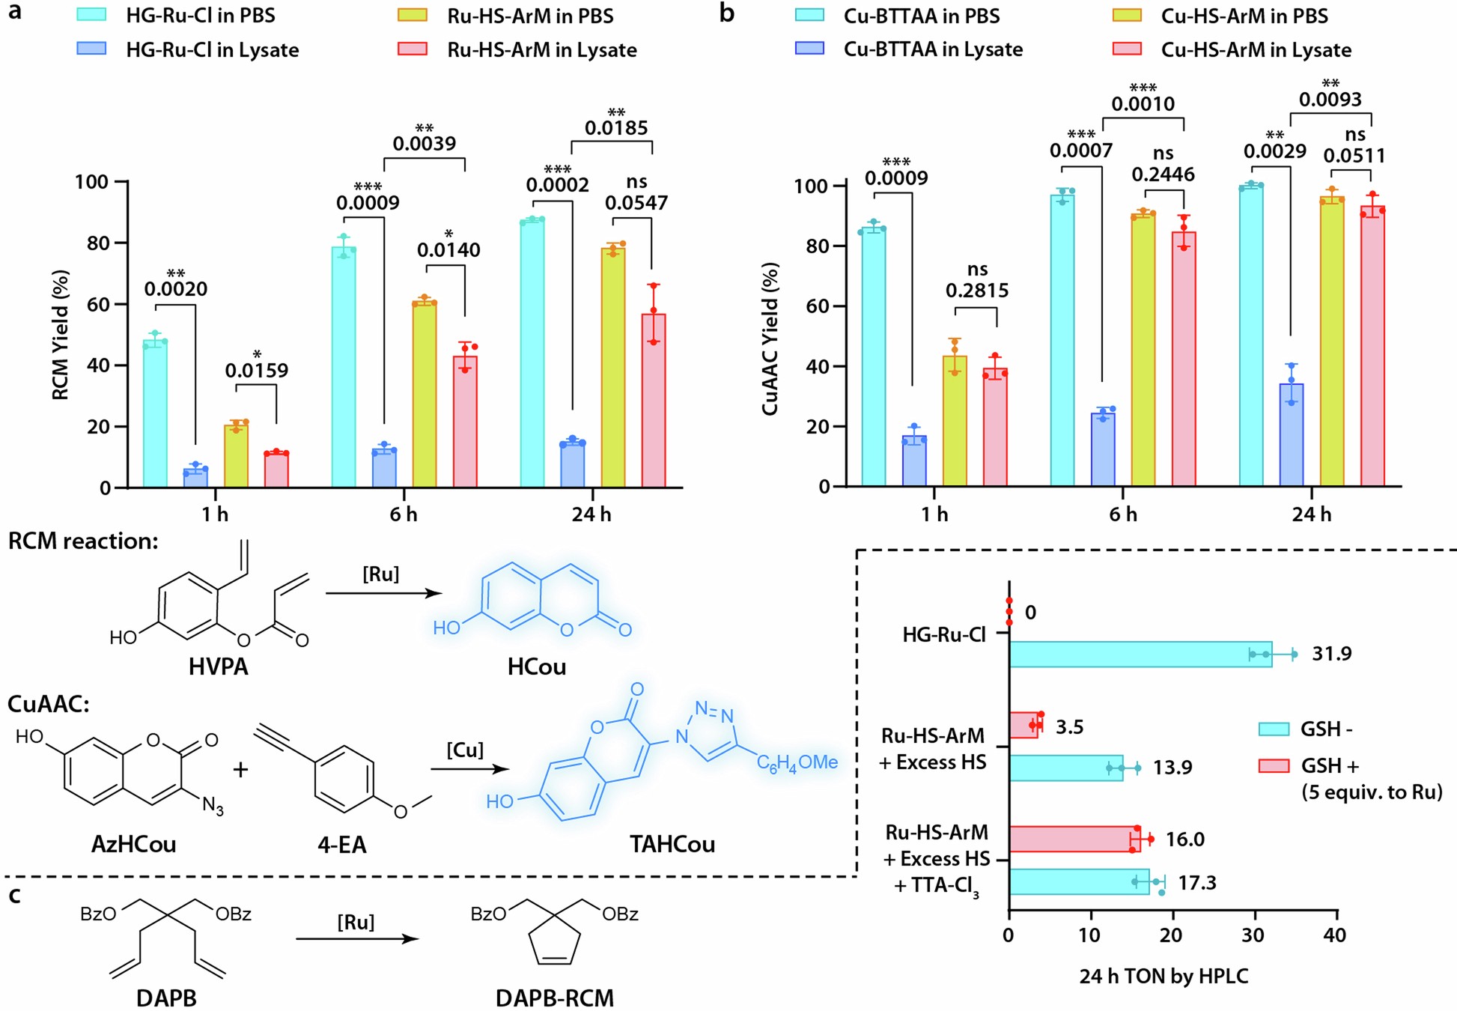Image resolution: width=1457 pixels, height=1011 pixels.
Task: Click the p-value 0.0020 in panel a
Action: click(176, 288)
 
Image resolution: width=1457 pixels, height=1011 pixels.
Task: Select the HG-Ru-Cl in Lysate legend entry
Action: click(212, 49)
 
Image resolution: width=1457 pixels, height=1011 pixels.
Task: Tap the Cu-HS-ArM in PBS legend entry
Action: click(1244, 16)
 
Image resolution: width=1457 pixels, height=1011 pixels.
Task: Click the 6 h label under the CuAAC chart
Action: click(1123, 514)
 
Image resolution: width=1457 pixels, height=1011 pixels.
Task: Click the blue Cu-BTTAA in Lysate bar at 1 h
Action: click(914, 461)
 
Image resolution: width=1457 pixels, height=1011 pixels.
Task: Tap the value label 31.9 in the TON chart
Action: click(1332, 654)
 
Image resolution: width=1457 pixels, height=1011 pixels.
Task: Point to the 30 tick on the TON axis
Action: click(1254, 935)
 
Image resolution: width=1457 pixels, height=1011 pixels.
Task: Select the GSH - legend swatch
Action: click(1274, 729)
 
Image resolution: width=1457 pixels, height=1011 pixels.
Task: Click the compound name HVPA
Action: click(218, 667)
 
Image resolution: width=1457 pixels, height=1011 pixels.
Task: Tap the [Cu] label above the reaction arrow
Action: click(465, 750)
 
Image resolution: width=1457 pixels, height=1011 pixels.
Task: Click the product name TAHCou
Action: click(672, 844)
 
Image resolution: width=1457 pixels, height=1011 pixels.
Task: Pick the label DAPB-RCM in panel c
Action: click(554, 998)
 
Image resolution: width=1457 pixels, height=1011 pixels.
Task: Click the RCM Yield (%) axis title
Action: click(61, 335)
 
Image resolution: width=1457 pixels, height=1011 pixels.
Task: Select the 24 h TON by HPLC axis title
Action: click(1164, 976)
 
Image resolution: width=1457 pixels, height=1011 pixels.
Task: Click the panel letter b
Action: click(726, 13)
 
